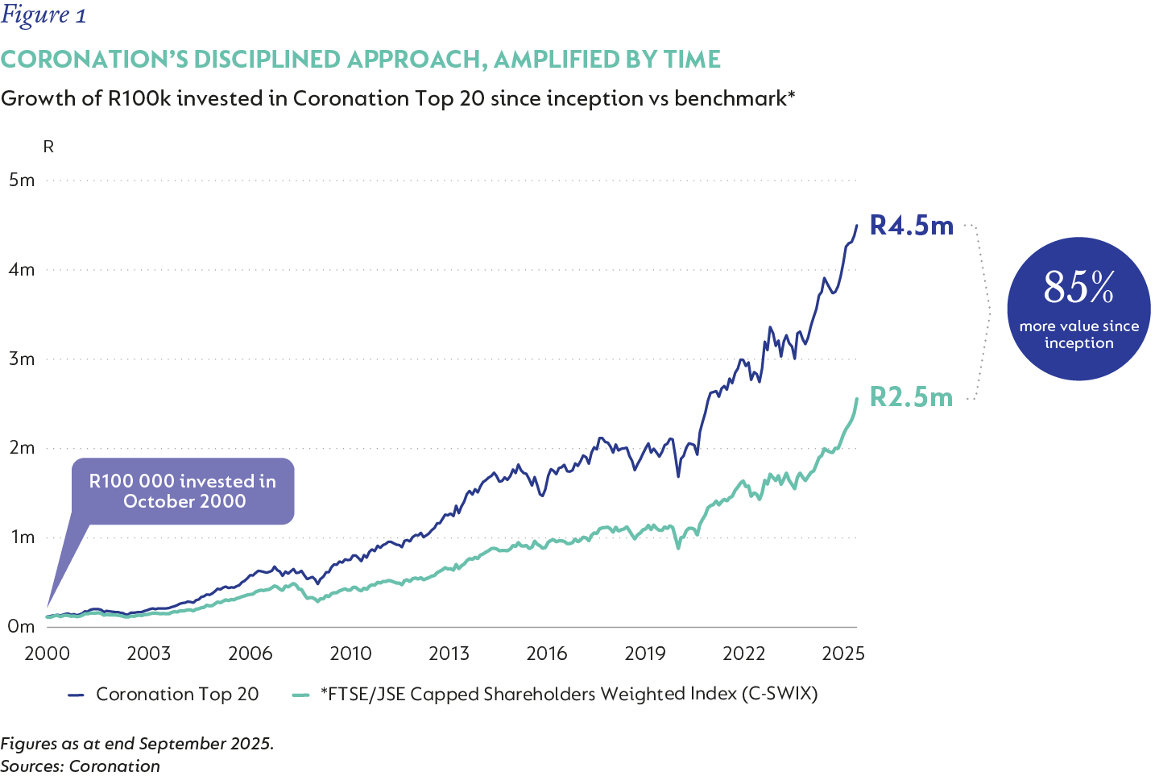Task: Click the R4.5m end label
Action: click(x=912, y=226)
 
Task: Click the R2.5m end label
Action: click(x=911, y=397)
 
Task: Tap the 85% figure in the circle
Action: click(x=1078, y=287)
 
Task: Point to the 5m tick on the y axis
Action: click(x=22, y=180)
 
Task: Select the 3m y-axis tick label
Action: click(x=22, y=359)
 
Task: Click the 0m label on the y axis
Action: click(x=22, y=626)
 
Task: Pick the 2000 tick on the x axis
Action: click(x=47, y=654)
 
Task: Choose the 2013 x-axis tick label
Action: click(x=449, y=654)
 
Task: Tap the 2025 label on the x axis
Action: click(x=842, y=654)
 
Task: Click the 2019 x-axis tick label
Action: click(x=645, y=654)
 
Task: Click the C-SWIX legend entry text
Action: click(x=569, y=694)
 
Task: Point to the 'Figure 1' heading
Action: click(x=43, y=15)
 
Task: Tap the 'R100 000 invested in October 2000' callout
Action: click(x=183, y=491)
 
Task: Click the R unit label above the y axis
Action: click(x=48, y=147)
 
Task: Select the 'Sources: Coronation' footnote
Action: click(x=81, y=766)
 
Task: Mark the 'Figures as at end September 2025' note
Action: click(x=137, y=743)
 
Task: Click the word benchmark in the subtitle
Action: click(x=730, y=98)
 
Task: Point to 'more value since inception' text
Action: click(x=1078, y=334)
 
